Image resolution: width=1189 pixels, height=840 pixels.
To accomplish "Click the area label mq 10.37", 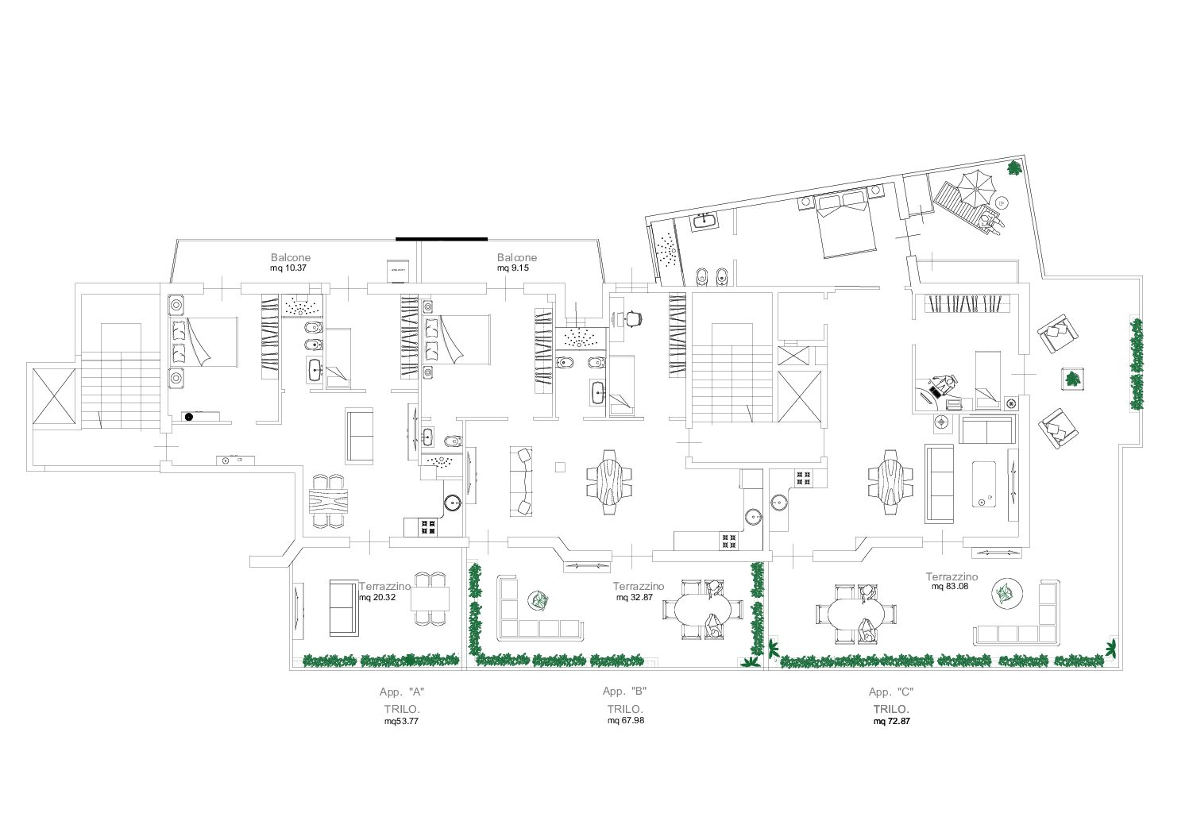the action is (288, 268).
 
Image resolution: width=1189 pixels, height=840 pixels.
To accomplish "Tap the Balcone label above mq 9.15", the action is (517, 257).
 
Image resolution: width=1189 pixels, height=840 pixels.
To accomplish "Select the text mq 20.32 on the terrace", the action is (377, 598).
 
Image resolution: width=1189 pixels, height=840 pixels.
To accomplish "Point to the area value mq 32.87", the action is (635, 598).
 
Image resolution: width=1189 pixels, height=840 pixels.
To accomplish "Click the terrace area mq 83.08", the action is (950, 587).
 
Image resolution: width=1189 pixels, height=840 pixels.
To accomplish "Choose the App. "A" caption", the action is (402, 692).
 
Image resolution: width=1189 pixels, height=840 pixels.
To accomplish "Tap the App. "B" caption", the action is (625, 692).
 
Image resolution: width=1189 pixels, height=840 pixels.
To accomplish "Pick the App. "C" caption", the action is (891, 692).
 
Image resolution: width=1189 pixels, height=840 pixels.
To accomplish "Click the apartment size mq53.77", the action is (401, 722).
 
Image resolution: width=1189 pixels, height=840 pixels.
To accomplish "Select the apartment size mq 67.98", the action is (626, 721).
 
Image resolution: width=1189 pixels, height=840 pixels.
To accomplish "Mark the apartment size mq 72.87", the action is (892, 722).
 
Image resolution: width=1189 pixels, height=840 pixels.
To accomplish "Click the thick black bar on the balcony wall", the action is (442, 239).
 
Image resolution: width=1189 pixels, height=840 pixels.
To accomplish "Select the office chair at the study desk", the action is (634, 318).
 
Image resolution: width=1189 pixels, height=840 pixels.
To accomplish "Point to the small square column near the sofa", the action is (560, 467).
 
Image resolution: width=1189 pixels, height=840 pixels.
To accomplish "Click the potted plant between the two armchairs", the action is (1073, 379).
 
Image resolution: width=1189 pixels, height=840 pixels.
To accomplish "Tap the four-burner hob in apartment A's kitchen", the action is (428, 527).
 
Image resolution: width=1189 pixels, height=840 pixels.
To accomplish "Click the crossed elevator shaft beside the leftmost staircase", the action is (54, 396).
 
